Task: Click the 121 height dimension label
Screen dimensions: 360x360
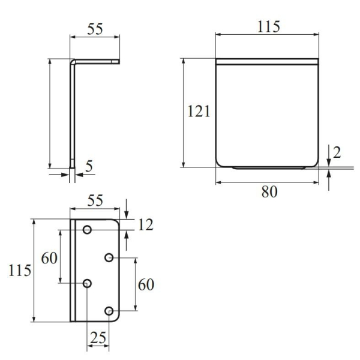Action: pyautogui.click(x=198, y=112)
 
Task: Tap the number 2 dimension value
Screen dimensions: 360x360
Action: pyautogui.click(x=336, y=152)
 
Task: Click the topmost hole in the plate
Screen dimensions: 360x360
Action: pyautogui.click(x=87, y=229)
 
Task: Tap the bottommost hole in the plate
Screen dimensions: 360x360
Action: pyautogui.click(x=109, y=311)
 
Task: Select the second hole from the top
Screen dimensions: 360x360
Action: pyautogui.click(x=109, y=257)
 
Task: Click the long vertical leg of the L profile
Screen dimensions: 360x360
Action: pyautogui.click(x=73, y=114)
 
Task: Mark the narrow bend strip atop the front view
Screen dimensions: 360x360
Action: pyautogui.click(x=265, y=61)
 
